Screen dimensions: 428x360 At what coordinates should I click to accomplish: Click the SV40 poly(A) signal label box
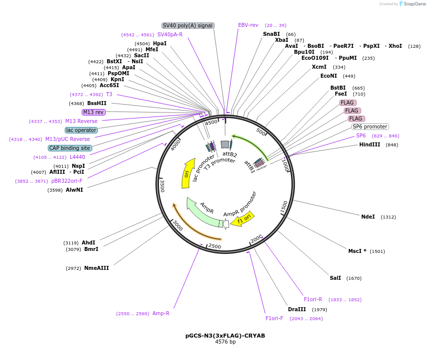click(188, 25)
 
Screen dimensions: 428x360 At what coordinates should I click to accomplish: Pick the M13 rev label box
click(93, 112)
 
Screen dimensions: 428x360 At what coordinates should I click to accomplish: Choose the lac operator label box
click(81, 130)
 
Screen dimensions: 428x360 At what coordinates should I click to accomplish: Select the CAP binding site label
click(70, 148)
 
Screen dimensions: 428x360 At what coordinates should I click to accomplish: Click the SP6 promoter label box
click(370, 126)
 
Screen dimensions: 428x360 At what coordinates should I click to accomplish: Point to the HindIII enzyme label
click(370, 144)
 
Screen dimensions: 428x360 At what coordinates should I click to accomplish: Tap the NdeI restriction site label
click(368, 217)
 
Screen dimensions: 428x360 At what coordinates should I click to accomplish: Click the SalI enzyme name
click(335, 278)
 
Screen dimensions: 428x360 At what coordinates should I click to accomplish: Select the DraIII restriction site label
click(297, 309)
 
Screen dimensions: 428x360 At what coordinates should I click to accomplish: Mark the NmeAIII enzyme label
click(96, 268)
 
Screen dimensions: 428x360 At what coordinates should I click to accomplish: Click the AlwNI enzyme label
click(74, 190)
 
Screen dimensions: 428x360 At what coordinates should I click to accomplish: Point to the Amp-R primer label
click(161, 313)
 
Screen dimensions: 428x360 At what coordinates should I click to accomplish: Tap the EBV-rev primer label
click(248, 25)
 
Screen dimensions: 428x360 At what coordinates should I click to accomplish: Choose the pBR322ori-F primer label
click(67, 181)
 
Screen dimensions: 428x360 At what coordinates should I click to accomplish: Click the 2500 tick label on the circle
click(215, 246)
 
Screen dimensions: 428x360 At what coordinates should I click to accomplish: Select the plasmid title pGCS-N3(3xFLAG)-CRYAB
click(225, 336)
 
